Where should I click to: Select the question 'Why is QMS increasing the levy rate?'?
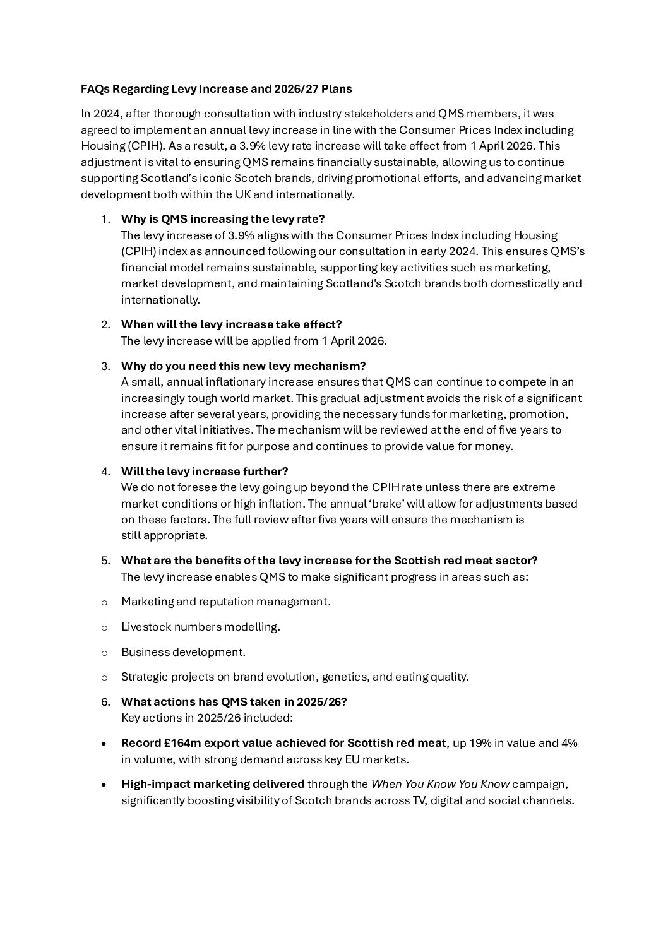point(223,219)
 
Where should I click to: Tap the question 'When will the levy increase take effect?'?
point(231,324)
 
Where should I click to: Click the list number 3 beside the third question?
point(105,366)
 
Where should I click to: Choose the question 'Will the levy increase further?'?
point(205,472)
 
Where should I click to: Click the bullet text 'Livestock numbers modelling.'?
point(200,627)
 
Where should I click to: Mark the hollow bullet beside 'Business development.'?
point(104,652)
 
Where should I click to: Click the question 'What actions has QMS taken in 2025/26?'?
point(234,702)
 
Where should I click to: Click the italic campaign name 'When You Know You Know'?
point(440,784)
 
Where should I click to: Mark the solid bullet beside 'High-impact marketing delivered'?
point(104,785)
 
